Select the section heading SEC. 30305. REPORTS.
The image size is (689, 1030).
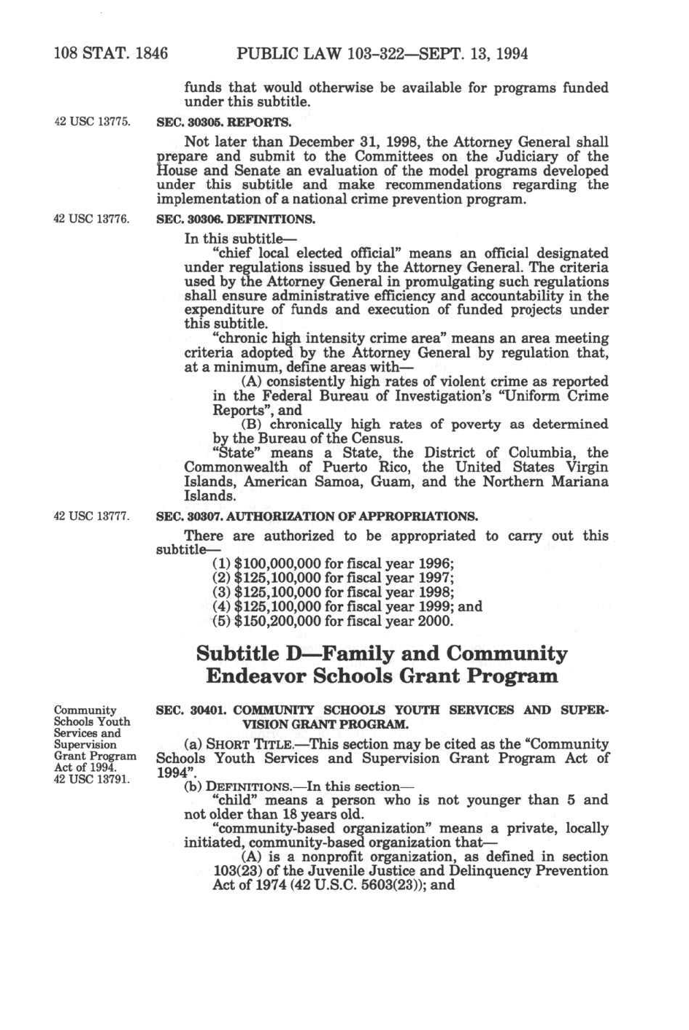click(224, 121)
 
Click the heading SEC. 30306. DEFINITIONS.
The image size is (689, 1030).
click(236, 218)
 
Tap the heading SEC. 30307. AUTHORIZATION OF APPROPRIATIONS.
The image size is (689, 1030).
click(317, 516)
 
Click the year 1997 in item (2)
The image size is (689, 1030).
click(436, 578)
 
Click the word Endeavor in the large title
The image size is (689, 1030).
click(255, 676)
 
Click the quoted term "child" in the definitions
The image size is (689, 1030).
click(231, 800)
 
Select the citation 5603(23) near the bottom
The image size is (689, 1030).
click(400, 886)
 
